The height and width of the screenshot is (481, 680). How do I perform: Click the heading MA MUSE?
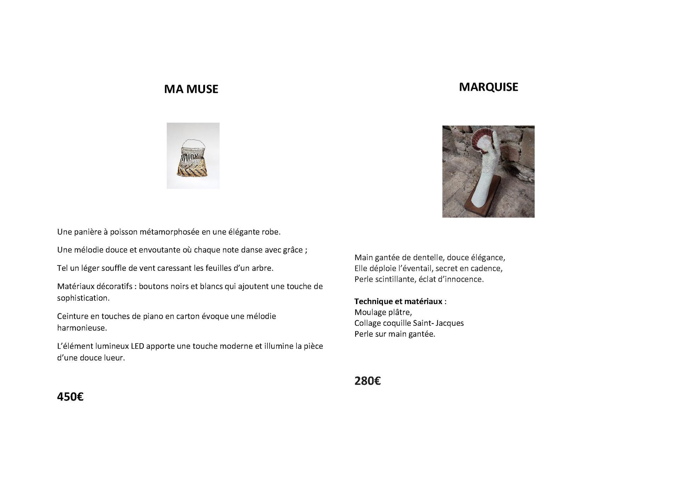(191, 89)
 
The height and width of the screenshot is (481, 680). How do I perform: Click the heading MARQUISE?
(488, 87)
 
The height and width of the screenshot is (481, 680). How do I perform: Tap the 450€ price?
(70, 397)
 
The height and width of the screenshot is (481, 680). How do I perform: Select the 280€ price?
(367, 381)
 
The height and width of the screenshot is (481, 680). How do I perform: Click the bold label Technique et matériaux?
(398, 301)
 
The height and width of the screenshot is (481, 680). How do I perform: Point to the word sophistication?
(83, 298)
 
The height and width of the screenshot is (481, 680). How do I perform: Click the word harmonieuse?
(82, 328)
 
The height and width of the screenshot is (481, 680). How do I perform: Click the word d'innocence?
(464, 279)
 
